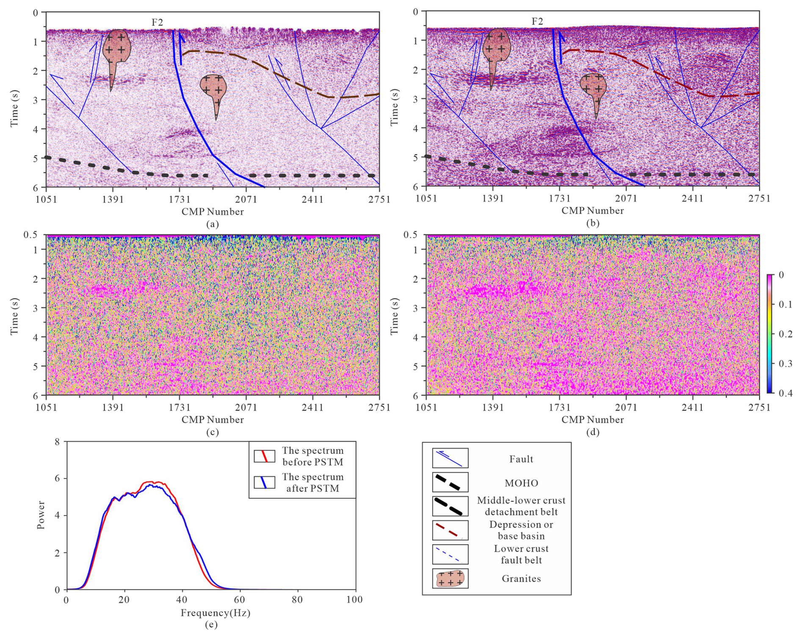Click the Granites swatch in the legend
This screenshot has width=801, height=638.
pos(450,579)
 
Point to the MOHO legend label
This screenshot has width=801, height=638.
pos(521,483)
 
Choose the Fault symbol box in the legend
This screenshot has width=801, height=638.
pos(450,458)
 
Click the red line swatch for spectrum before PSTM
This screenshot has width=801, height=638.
pos(264,456)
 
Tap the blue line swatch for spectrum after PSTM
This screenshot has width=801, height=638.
pos(264,482)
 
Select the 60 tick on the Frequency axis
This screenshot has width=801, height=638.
pos(240,600)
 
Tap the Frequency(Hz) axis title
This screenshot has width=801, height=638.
pos(215,613)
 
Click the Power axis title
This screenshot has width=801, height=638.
pos(41,515)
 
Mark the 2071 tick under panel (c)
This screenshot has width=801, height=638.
pos(246,408)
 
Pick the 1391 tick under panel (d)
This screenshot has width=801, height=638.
pos(493,408)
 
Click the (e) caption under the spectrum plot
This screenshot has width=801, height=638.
pos(211,625)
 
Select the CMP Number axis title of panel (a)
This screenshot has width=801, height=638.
pos(213,212)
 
